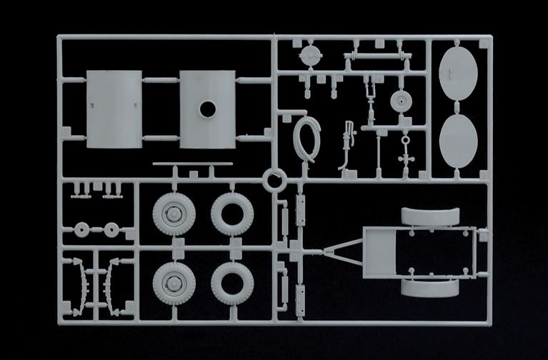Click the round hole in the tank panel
(x=207, y=109)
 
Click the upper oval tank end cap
(x=458, y=72)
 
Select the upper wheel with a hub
(x=171, y=213)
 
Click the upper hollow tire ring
(x=232, y=213)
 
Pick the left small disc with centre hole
(x=83, y=230)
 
